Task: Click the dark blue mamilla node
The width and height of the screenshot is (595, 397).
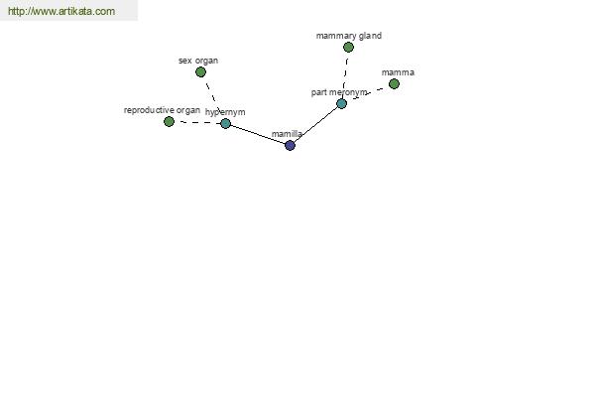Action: click(290, 145)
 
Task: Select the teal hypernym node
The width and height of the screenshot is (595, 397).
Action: click(225, 123)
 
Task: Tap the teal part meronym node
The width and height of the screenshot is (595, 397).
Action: click(341, 103)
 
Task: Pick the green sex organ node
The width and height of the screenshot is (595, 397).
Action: click(200, 71)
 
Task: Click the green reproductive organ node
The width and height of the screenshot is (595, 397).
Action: click(169, 121)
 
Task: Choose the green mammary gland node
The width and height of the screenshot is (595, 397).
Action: click(348, 47)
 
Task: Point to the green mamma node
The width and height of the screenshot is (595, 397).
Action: click(394, 84)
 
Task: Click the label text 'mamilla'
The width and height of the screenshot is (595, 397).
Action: click(287, 134)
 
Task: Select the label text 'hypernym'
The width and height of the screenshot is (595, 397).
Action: click(225, 112)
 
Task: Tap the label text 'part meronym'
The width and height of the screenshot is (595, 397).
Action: click(339, 92)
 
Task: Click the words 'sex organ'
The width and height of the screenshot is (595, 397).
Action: click(198, 61)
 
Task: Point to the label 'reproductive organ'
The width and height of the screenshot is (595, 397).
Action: click(162, 110)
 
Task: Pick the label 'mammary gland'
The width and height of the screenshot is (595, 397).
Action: click(349, 36)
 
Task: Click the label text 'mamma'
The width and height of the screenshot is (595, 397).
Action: click(398, 72)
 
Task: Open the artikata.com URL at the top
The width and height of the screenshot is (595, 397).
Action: click(61, 11)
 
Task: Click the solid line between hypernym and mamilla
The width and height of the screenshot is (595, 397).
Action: click(258, 135)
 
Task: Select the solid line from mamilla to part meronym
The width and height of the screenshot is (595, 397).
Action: click(315, 125)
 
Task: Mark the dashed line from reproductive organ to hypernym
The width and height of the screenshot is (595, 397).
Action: click(197, 123)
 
